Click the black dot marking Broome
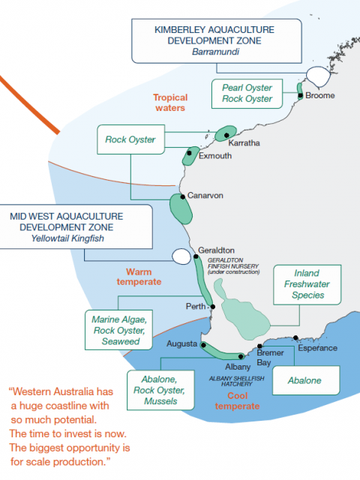301,95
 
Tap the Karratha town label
244,143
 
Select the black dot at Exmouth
189,153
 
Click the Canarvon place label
205,195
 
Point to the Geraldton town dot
196,256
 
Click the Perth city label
196,306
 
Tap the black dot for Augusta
203,345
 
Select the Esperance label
317,348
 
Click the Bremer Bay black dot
259,346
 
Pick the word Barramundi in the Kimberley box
216,52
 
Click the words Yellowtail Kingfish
67,238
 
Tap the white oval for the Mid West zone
181,256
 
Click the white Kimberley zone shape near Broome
318,76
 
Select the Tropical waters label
170,103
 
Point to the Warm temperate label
139,277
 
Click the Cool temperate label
237,400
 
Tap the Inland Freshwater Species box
307,285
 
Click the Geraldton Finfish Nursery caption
233,266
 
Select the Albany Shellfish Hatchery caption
237,381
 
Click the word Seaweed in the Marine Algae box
121,341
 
